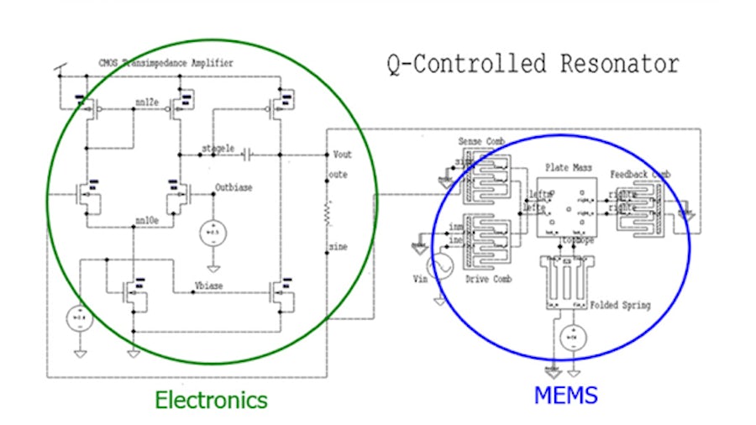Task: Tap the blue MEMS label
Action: click(x=565, y=394)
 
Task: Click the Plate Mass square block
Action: click(x=569, y=205)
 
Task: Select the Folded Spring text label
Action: click(x=621, y=305)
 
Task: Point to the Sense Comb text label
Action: click(x=480, y=142)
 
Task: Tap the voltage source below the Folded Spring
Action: click(x=572, y=336)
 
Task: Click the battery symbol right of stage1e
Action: click(x=247, y=156)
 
